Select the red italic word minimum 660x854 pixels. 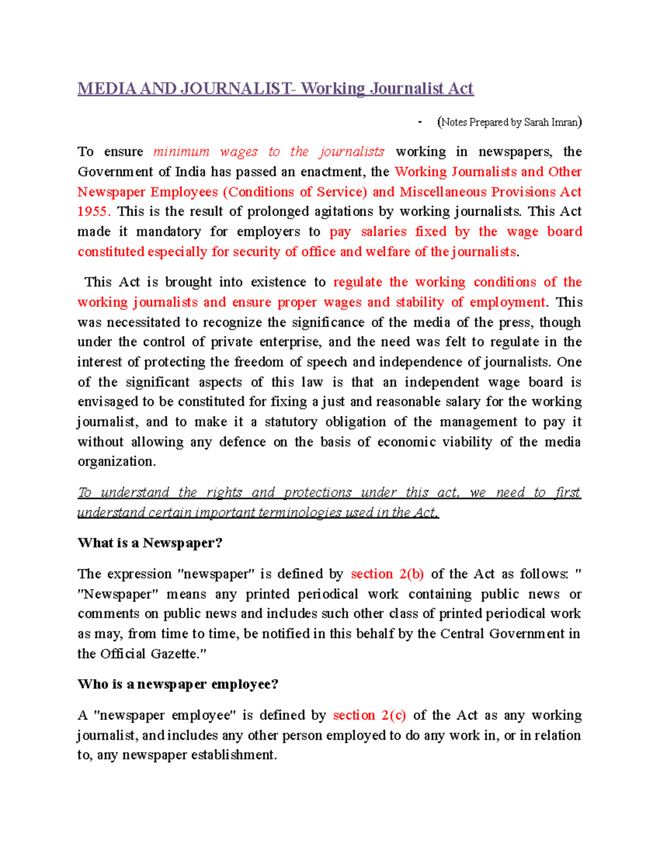pyautogui.click(x=181, y=152)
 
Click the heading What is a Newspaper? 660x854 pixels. pyautogui.click(x=150, y=543)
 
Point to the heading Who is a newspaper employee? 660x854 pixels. pyautogui.click(x=178, y=685)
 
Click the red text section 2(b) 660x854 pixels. pyautogui.click(x=387, y=574)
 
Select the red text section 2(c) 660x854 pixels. pyautogui.click(x=369, y=715)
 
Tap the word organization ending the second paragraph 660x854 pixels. pyautogui.click(x=116, y=462)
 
